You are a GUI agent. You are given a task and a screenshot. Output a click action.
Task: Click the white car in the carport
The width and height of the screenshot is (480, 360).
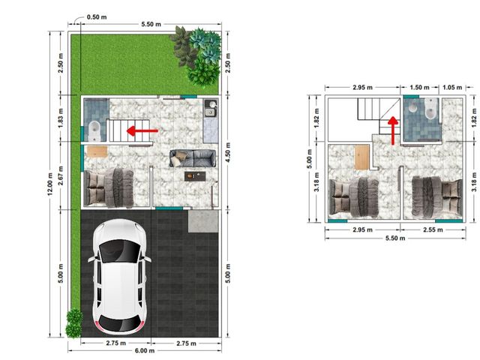[119, 276]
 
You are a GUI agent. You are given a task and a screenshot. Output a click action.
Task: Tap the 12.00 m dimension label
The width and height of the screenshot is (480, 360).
[50, 184]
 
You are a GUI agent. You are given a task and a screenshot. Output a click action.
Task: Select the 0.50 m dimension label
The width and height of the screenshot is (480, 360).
[97, 17]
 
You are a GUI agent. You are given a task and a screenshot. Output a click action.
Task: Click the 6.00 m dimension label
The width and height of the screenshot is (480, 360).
[145, 350]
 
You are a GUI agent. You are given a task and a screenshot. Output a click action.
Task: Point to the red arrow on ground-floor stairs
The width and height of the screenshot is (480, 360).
[142, 130]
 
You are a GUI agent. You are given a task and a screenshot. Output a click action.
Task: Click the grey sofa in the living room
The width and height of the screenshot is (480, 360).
[193, 158]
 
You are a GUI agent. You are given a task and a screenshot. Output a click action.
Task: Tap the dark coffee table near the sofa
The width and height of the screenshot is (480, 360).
[195, 176]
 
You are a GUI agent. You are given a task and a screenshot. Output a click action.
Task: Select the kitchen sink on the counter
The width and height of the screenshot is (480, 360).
[210, 112]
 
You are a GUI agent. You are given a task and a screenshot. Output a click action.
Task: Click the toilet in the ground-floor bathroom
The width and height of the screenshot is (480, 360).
[94, 130]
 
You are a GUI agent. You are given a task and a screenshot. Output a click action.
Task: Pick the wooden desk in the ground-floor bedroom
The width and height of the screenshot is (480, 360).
[97, 151]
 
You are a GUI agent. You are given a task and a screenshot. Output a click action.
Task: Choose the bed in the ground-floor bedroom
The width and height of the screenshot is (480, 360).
[109, 187]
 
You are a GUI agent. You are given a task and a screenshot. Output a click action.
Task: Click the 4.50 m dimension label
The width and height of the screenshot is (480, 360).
[228, 152]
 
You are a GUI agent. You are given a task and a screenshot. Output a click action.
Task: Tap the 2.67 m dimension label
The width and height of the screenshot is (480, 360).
[61, 175]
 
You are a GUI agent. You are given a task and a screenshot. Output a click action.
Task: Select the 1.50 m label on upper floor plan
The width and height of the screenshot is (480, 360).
[419, 88]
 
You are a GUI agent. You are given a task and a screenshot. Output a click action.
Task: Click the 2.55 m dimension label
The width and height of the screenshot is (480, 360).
[433, 229]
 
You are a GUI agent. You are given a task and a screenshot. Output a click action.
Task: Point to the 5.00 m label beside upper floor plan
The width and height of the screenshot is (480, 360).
[309, 158]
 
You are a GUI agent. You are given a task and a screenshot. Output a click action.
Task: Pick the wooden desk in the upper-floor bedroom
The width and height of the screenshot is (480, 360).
[361, 157]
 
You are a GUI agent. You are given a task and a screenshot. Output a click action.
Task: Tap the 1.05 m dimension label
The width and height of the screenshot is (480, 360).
[452, 88]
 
